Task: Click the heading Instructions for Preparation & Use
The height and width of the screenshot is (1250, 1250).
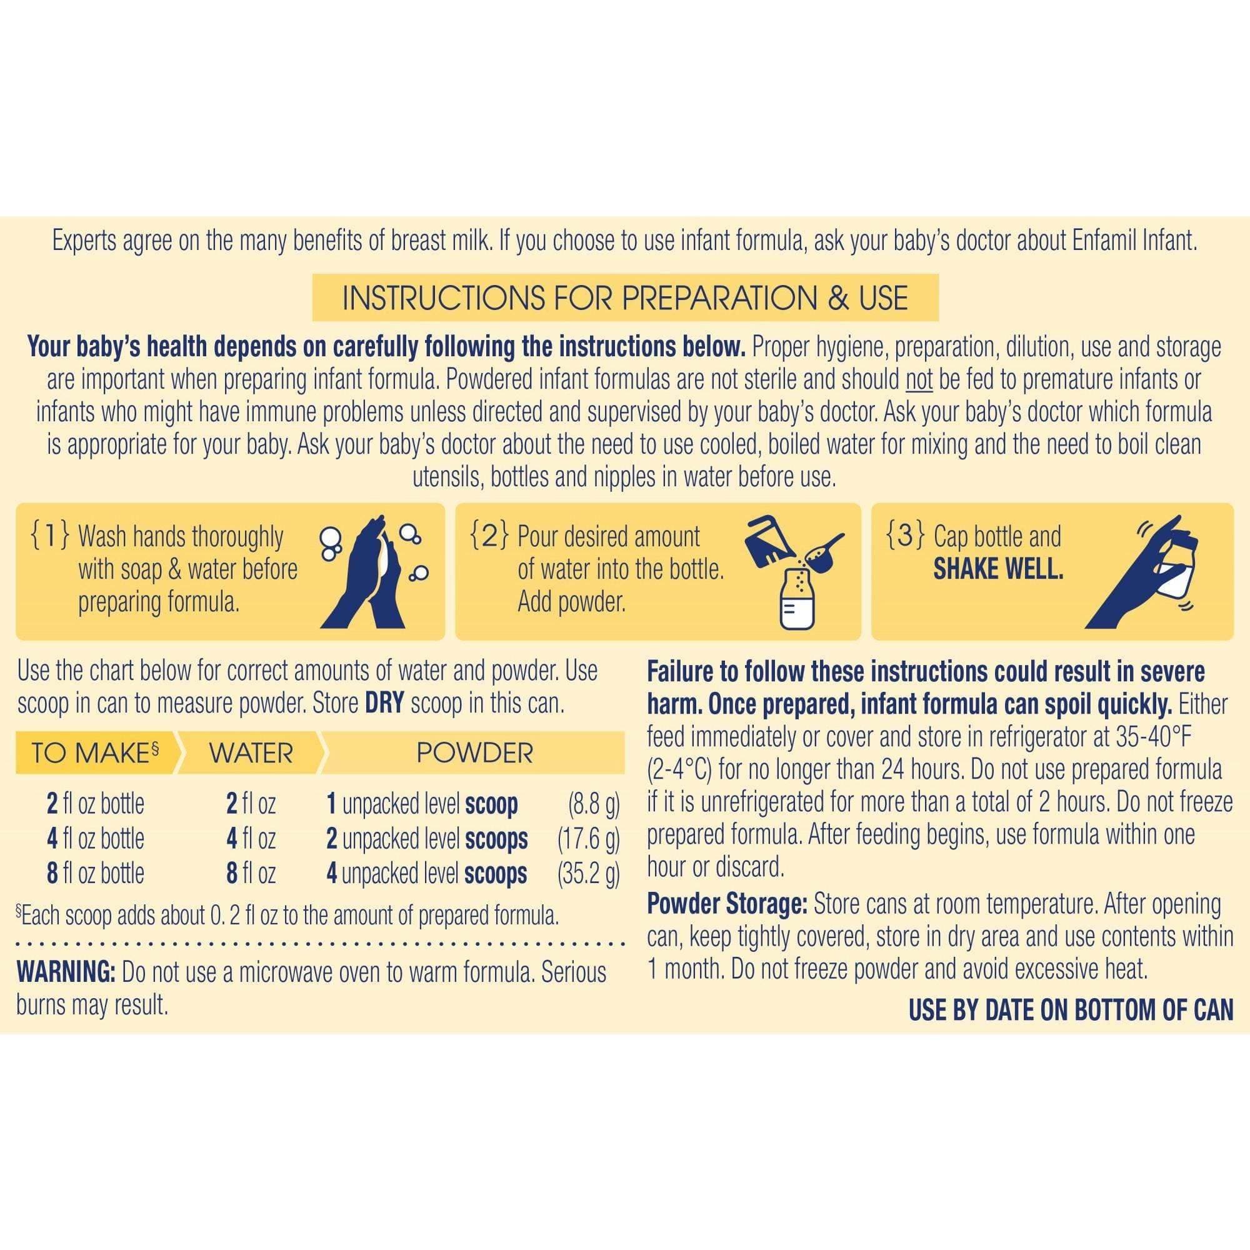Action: coord(625,297)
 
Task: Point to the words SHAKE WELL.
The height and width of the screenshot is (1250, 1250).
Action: coord(997,569)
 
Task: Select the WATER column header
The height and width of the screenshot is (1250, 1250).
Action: coord(251,753)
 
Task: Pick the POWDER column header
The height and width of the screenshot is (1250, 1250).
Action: coord(474,753)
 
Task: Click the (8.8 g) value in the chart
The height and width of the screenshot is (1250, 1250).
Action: coord(593,804)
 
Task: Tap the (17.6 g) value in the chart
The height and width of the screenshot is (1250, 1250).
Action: coord(588,839)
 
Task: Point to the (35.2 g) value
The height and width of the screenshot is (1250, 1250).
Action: coord(588,874)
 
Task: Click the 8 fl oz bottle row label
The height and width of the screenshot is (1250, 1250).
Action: coord(95,874)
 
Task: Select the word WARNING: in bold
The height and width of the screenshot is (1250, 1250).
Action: coord(66,972)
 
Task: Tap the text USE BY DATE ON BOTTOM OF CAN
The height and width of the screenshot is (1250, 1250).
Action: coord(1071,1010)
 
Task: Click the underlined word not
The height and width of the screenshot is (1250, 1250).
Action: coord(918,380)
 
